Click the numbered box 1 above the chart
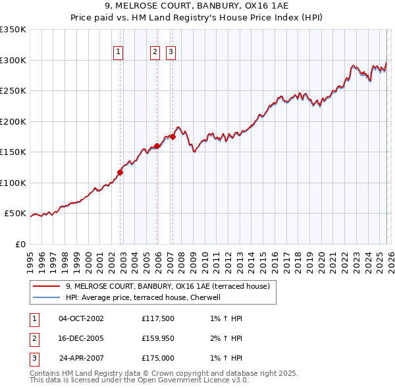[118, 53]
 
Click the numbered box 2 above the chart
[155, 53]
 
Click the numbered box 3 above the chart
[171, 53]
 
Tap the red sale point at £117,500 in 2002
[120, 173]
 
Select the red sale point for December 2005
[157, 146]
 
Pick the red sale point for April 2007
[172, 137]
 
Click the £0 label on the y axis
[20, 245]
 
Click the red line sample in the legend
[47, 287]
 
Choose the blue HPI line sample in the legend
[47, 297]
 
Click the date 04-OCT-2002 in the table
[81, 318]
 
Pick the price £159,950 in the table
[158, 338]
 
